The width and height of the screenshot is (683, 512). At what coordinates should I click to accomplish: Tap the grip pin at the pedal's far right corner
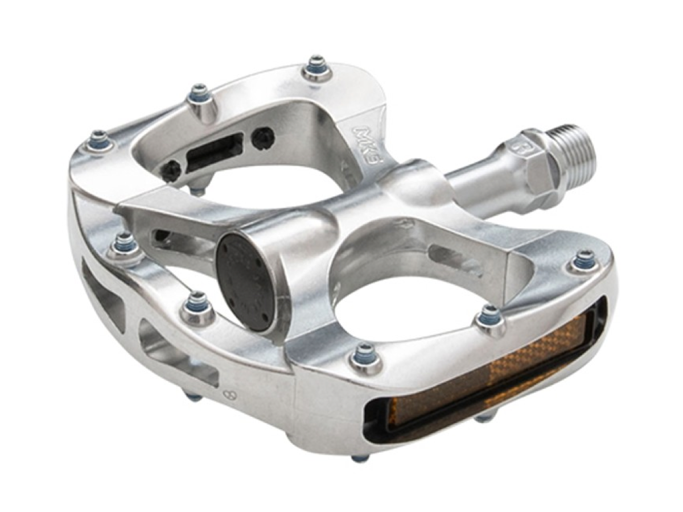coord(583,261)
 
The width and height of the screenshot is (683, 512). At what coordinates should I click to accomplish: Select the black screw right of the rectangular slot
coord(264,137)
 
